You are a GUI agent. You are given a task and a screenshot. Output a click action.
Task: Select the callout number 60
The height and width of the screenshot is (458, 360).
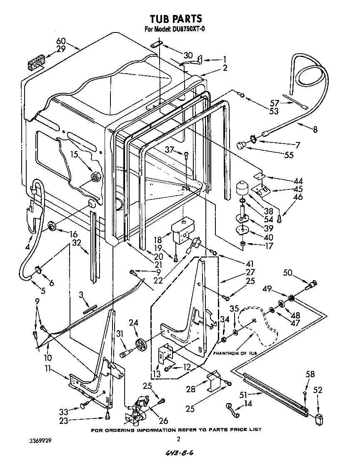61,41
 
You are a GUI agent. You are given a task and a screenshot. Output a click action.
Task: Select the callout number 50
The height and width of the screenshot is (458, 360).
287,273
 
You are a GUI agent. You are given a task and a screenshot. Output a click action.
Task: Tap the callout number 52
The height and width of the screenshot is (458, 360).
318,390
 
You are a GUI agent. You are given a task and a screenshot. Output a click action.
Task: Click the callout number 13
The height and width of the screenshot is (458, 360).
156,374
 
